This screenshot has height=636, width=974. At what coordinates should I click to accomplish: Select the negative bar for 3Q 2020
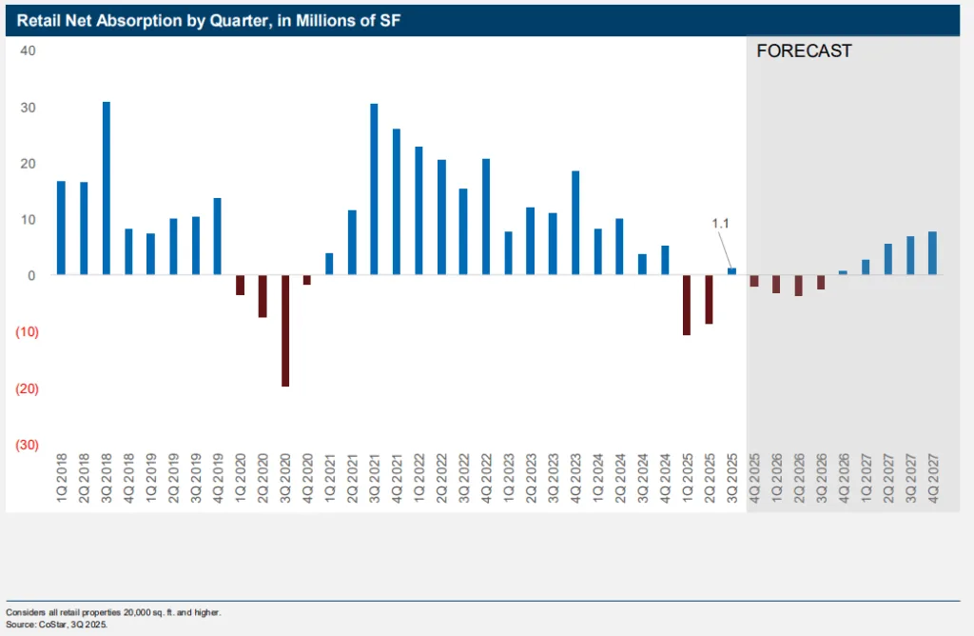285,330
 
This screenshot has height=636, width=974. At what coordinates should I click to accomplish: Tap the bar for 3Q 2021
374,189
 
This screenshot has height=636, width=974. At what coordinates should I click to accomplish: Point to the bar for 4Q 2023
575,223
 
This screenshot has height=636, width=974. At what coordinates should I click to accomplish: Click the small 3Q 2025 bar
731,271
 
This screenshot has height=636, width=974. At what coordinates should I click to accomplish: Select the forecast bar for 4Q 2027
932,253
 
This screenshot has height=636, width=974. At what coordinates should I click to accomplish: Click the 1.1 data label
720,223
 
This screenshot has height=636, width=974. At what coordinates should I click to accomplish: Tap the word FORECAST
804,51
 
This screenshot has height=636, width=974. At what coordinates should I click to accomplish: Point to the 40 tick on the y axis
29,50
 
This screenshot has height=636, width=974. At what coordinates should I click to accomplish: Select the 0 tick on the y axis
31,276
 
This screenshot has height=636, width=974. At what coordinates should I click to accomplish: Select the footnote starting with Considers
114,611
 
